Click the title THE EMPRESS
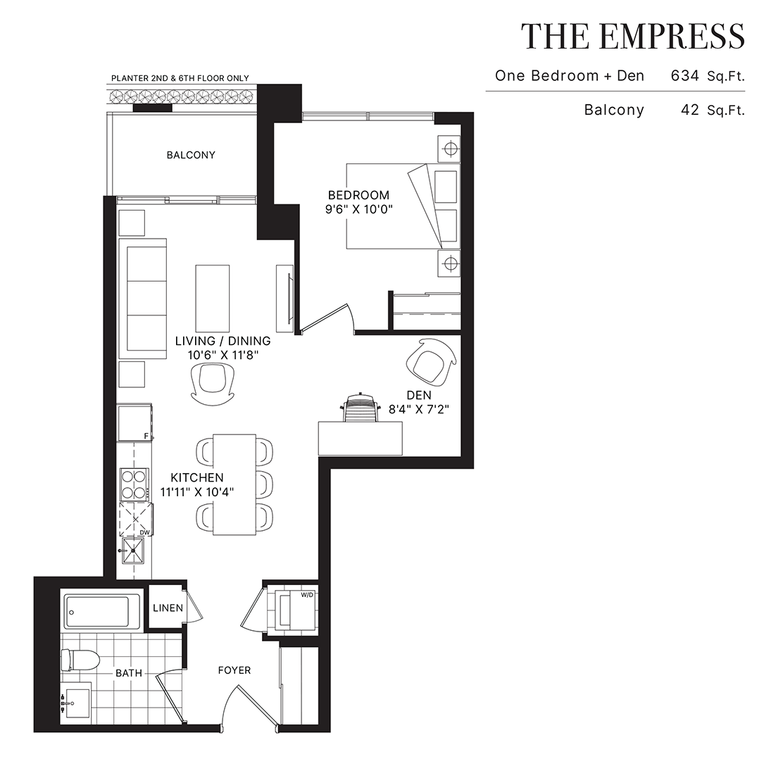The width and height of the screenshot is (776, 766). (x=632, y=36)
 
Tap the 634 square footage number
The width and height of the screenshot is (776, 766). (x=685, y=76)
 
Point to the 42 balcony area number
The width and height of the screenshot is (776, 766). (x=690, y=110)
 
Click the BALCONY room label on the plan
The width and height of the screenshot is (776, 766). (x=191, y=155)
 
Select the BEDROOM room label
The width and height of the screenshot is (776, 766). (x=359, y=195)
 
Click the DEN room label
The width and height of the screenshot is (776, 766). (x=419, y=395)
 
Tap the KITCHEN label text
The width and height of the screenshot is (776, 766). (x=197, y=477)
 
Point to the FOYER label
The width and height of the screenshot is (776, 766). (x=234, y=670)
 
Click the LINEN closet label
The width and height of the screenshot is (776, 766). (x=168, y=608)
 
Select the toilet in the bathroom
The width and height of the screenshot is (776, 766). (x=80, y=660)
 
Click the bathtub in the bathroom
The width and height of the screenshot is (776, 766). (x=101, y=612)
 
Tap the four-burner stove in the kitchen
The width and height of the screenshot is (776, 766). (x=134, y=484)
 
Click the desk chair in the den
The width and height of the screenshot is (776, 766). (x=360, y=408)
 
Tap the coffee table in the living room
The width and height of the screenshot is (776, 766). (x=213, y=299)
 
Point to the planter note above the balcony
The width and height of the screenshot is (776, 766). (x=180, y=78)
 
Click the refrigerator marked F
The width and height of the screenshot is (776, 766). (x=134, y=423)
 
